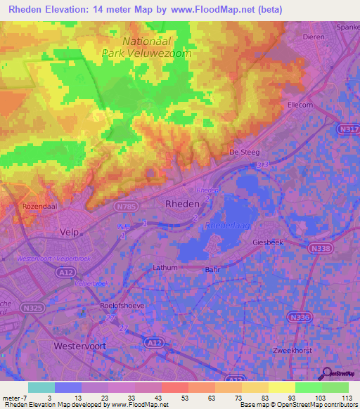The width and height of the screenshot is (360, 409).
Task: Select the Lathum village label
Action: point(165,268)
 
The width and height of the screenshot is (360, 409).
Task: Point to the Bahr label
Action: point(213,269)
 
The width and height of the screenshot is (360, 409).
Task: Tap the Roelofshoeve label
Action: point(122,306)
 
